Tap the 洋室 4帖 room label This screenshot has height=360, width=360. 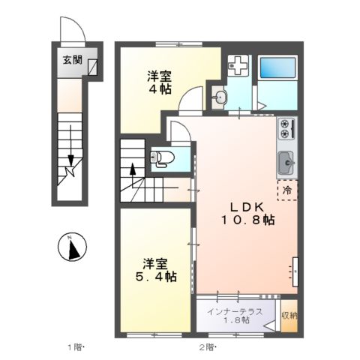point(159,82)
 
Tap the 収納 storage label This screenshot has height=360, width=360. point(289,315)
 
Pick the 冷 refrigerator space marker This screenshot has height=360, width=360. point(286,190)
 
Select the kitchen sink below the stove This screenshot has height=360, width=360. point(287,162)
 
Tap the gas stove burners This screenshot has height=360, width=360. point(287,129)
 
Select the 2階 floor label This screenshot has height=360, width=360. point(208,347)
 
